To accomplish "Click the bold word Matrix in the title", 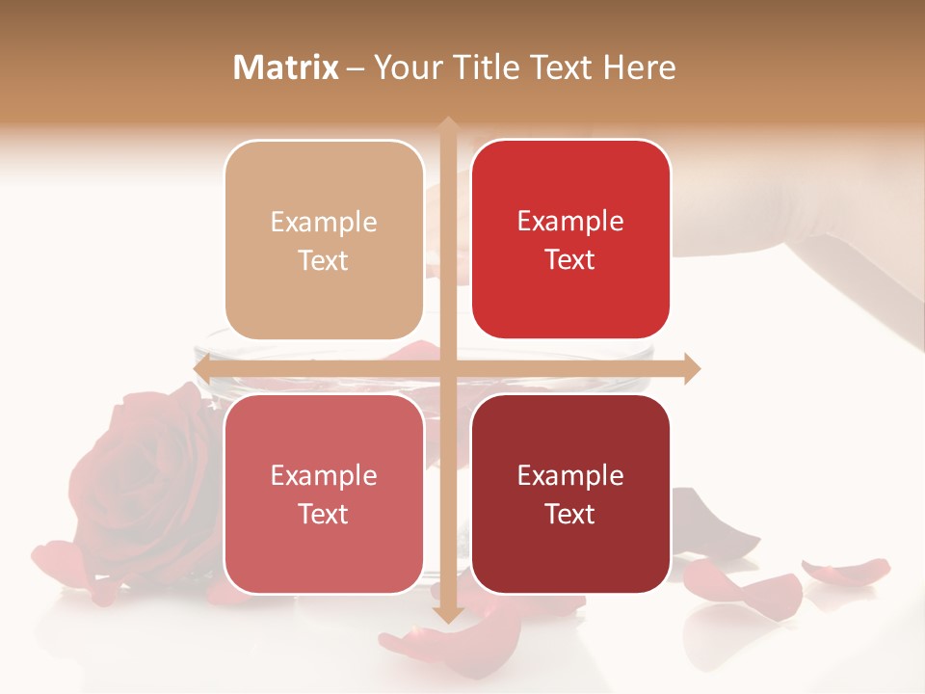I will coord(286,67).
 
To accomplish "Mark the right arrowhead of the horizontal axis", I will coord(691,368).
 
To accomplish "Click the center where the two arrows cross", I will coord(447,368).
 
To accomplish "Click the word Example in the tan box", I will coord(324,222).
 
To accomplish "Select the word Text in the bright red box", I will coord(570,259).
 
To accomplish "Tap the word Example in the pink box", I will coord(324,475).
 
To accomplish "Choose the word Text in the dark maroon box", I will coord(570,514).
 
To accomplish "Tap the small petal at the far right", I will coord(848,570).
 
